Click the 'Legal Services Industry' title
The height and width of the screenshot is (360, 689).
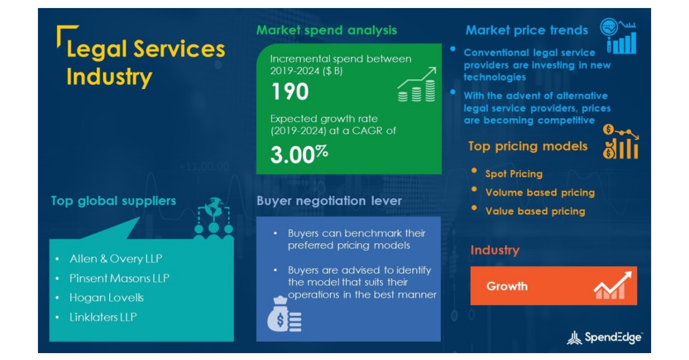(x=145, y=63)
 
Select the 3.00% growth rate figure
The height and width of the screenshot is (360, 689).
(x=299, y=154)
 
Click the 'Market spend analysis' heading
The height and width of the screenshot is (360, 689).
(x=326, y=30)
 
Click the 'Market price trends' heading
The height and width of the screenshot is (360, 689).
(x=527, y=30)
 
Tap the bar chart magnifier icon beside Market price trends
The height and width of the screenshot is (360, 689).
(x=619, y=36)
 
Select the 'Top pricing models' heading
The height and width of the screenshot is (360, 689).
(x=528, y=146)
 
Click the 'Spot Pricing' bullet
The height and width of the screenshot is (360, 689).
(x=513, y=173)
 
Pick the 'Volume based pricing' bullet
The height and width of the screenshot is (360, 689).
(x=540, y=192)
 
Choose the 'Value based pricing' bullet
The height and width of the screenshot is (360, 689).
(x=535, y=211)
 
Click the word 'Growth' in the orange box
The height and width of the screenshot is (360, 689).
(x=506, y=286)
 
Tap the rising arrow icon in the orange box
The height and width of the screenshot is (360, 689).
(x=613, y=285)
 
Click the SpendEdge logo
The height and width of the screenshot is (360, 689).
(x=604, y=338)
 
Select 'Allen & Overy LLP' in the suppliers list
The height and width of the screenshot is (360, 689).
(x=115, y=259)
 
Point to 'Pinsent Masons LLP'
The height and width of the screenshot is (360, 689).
(x=119, y=278)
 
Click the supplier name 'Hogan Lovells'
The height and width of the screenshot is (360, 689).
(x=106, y=297)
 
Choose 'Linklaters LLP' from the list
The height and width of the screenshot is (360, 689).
(x=103, y=317)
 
